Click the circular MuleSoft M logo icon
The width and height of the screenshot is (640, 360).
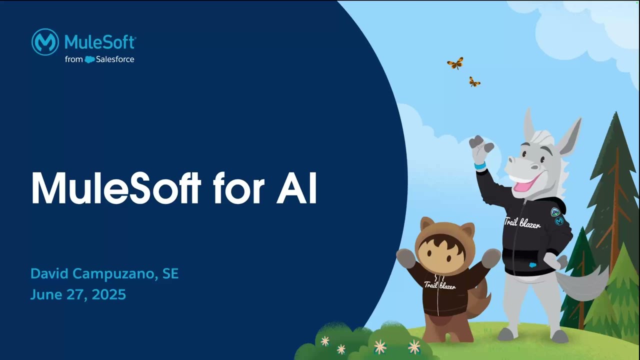45,42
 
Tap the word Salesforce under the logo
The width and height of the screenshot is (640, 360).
115,59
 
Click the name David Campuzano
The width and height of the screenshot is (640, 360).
93,273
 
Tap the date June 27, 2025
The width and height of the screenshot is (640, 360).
78,294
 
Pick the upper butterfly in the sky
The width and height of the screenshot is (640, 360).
455,63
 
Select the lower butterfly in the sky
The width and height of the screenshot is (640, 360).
474,82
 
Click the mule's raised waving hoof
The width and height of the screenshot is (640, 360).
481,147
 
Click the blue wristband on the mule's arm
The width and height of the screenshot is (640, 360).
480,165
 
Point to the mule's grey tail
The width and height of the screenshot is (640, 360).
582,282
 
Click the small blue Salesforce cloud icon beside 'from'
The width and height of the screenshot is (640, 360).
89,59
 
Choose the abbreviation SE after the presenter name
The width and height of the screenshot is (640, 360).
170,273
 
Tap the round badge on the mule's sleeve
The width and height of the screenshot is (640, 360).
559,220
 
